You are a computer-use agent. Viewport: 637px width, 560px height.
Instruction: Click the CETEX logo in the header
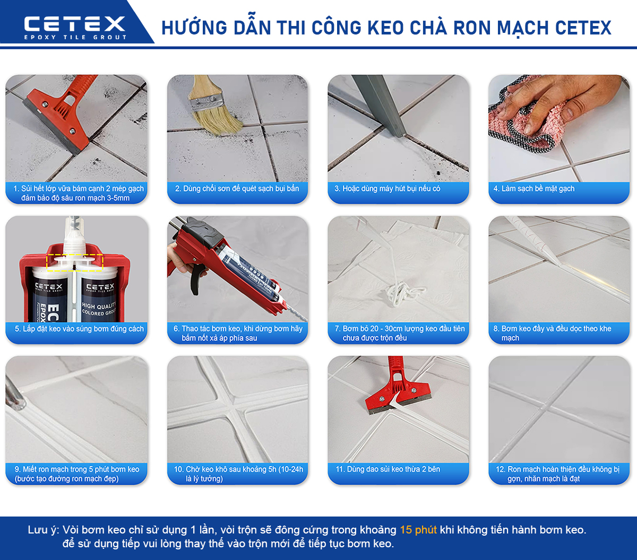(74, 24)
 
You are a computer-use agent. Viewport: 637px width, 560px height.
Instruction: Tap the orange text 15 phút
(418, 530)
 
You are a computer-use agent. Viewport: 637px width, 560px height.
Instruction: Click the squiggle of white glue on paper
(400, 291)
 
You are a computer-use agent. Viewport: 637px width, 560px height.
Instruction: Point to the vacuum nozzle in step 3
(382, 106)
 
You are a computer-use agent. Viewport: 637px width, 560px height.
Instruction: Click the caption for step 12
(559, 474)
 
